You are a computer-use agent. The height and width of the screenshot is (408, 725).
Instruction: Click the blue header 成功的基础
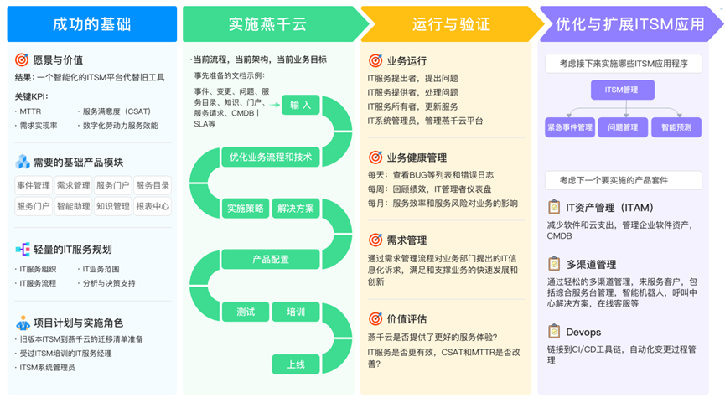(x=91, y=24)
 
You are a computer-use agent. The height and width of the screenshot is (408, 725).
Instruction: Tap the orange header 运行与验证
(x=448, y=24)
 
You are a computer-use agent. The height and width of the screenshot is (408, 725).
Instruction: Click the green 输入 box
(x=301, y=106)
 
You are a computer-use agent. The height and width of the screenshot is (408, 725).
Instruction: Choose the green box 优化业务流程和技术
(x=270, y=157)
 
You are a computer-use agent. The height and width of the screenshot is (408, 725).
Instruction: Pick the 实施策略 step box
(x=245, y=209)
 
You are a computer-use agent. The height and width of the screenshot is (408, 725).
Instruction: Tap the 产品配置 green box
(x=270, y=260)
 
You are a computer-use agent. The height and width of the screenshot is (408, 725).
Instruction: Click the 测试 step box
(x=245, y=312)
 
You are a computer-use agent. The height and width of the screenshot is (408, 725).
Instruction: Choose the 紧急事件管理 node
(x=569, y=128)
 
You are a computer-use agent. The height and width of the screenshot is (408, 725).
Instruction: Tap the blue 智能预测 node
(x=676, y=128)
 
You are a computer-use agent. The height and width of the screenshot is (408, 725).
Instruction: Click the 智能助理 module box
(x=73, y=206)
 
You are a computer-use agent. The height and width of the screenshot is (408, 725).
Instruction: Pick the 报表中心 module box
(x=153, y=206)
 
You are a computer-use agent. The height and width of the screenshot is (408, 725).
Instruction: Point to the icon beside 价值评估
(x=375, y=319)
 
